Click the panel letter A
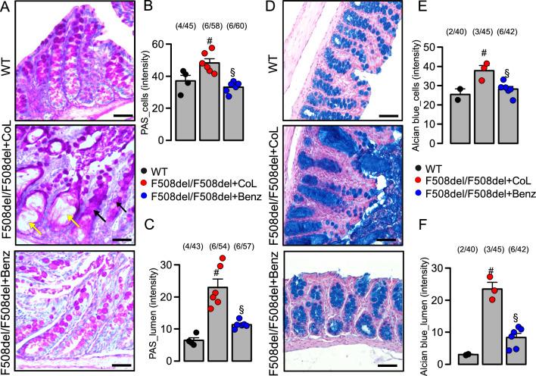(x=6, y=8)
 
